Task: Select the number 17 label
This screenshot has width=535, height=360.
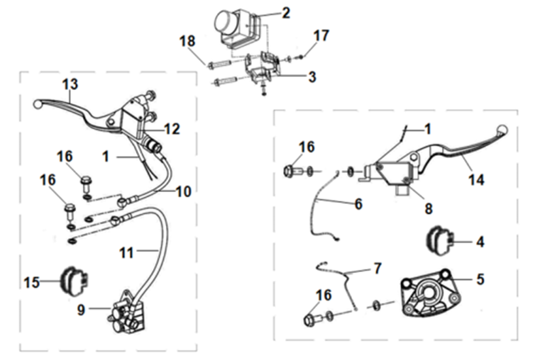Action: tap(321, 35)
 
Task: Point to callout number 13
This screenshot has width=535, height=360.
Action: tap(70, 84)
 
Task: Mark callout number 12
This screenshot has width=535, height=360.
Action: tap(172, 129)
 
